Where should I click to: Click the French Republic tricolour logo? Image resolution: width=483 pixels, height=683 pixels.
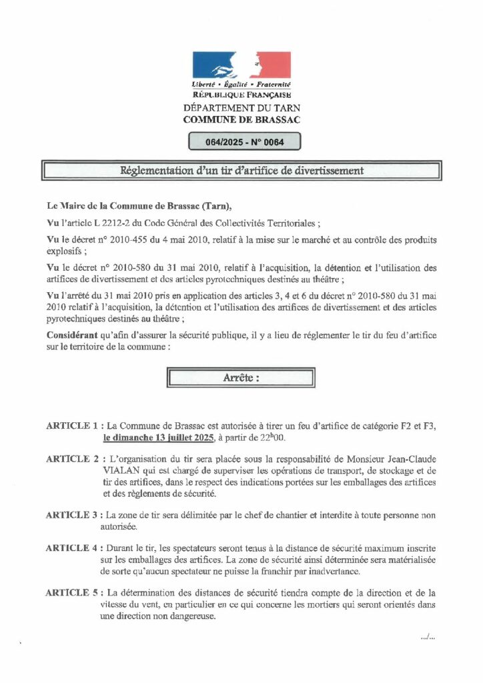[241, 65]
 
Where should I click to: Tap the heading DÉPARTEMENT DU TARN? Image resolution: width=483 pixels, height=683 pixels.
[241, 108]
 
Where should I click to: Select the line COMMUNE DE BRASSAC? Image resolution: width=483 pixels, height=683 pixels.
[241, 119]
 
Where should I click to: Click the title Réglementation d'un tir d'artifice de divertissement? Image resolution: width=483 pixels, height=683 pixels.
[241, 171]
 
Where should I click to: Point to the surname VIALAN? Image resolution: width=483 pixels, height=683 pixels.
[122, 470]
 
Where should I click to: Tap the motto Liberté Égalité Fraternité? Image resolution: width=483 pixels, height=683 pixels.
[241, 85]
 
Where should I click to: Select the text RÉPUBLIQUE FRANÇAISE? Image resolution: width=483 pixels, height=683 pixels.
[241, 96]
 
